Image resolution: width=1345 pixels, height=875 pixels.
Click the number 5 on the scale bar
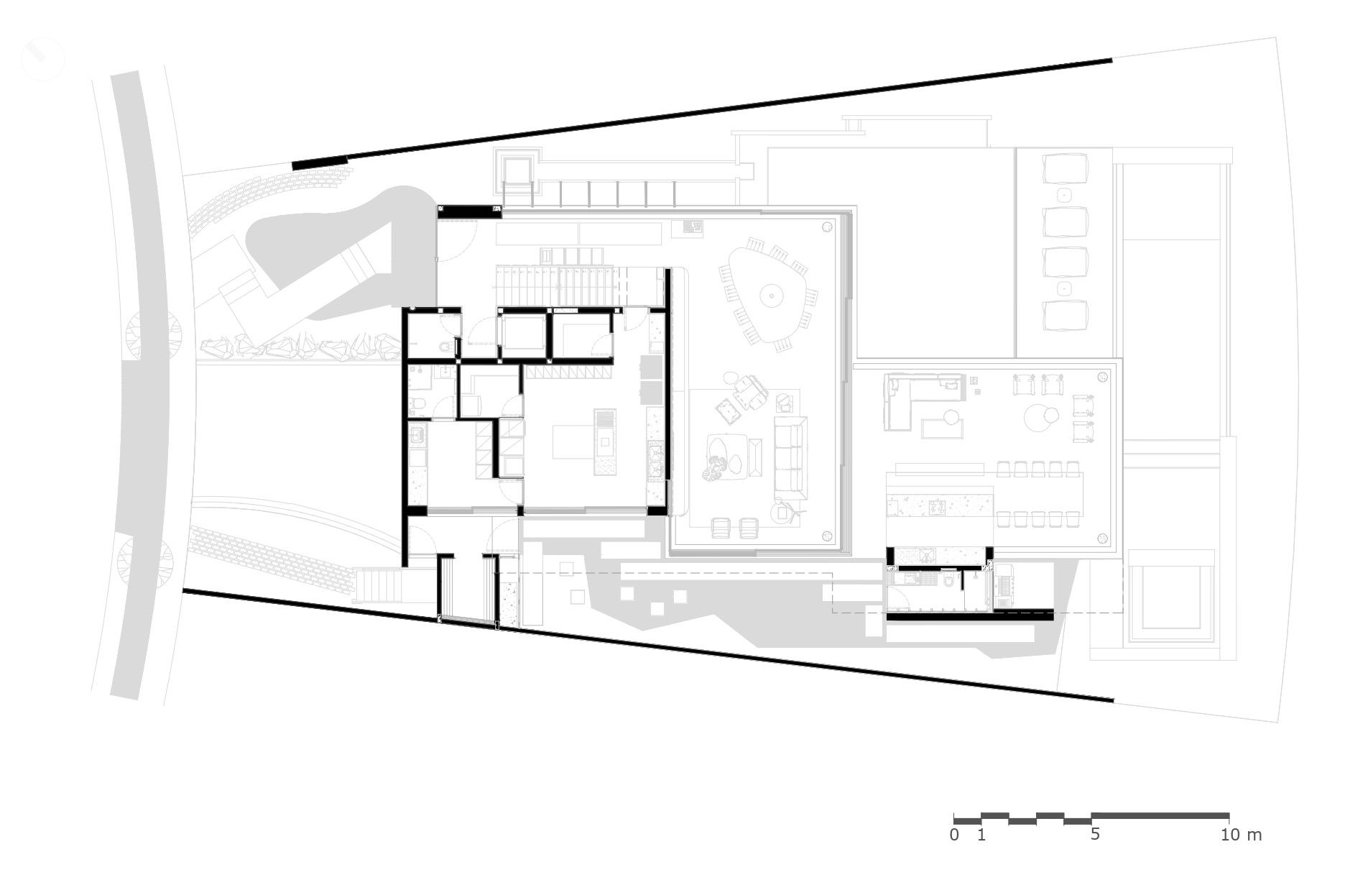[x=1094, y=835]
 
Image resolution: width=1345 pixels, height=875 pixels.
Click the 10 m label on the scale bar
[x=1241, y=835]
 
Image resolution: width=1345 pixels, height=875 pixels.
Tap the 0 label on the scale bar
[x=954, y=835]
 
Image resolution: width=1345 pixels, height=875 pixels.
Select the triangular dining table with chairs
[x=769, y=296]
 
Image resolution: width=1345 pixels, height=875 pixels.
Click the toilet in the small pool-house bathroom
[x=948, y=579]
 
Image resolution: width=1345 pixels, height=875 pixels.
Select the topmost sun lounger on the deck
[x=1065, y=170]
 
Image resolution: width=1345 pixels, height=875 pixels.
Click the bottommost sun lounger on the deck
[x=1065, y=315]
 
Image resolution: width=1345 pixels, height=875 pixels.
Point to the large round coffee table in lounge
[x=1041, y=417]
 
